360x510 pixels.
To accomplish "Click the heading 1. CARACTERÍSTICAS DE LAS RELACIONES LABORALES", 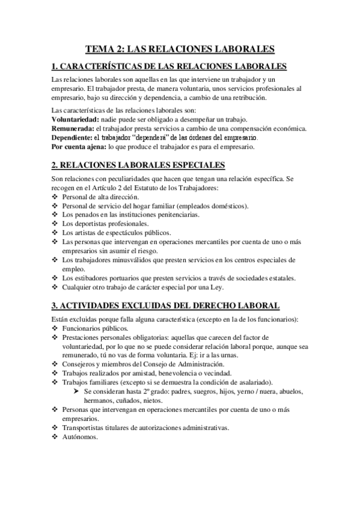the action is click(x=169, y=66).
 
